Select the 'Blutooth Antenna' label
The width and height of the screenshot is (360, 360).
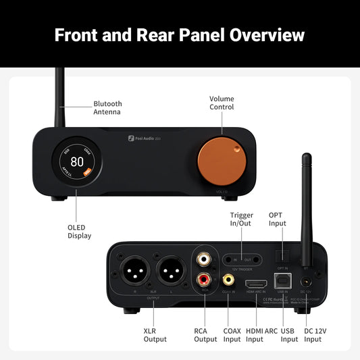pos(108,108)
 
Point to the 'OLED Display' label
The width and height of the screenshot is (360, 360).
pos(79,231)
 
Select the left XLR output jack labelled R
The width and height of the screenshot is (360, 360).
pos(134,273)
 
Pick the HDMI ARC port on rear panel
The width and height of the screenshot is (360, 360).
pos(255,284)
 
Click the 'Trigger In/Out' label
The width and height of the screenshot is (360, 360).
pos(241,219)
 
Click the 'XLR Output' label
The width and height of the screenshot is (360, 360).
pos(155,334)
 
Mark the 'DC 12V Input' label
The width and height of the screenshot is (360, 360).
pos(313,334)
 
